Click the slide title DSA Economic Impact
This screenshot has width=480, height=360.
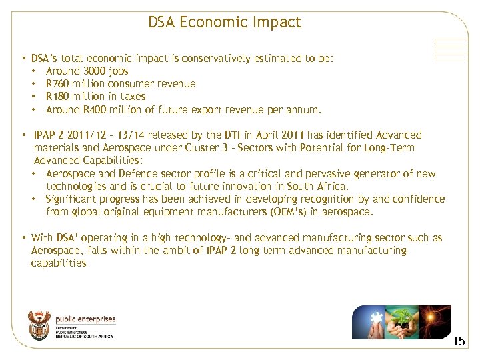pos(225,22)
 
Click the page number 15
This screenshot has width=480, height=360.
pos(459,341)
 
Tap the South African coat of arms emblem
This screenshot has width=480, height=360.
pos(39,325)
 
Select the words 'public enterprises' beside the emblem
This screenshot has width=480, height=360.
pos(85,320)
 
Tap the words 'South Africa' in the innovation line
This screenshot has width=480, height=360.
pos(317,187)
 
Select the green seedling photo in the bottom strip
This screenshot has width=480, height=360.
pos(402,322)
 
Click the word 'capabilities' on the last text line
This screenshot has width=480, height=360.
pos(59,263)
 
